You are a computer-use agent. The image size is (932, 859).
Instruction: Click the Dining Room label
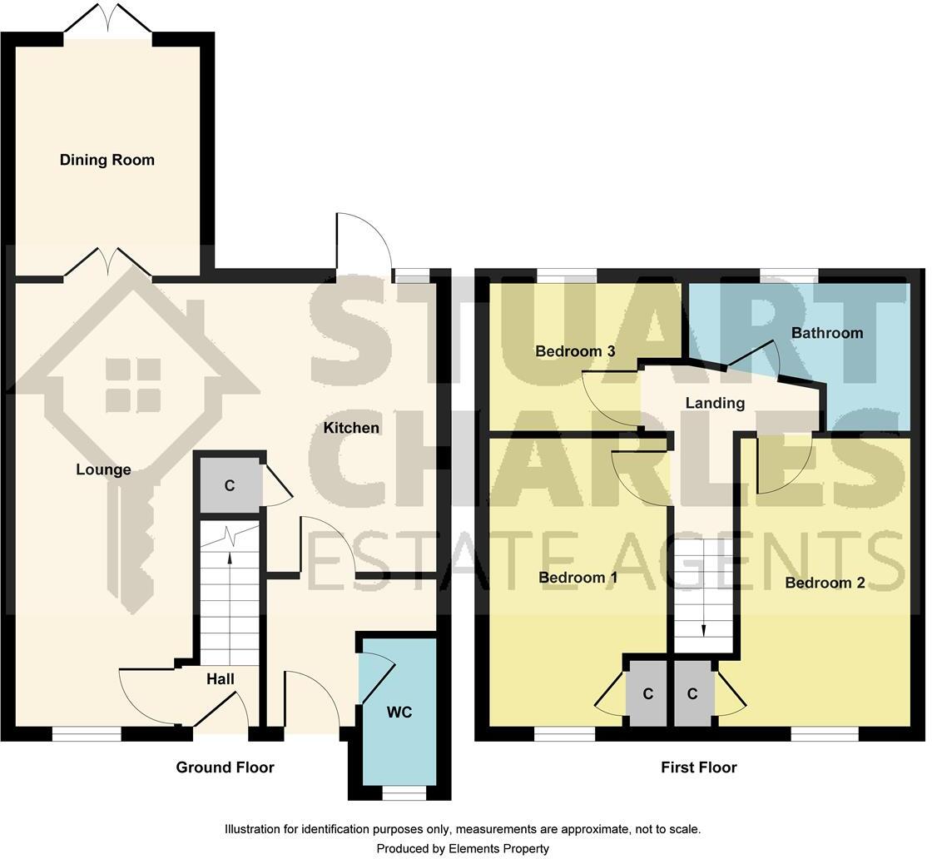(107, 160)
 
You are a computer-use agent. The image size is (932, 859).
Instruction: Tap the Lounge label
(103, 470)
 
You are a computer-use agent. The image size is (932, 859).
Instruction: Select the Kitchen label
(351, 428)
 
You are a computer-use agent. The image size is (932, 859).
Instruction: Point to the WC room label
(399, 713)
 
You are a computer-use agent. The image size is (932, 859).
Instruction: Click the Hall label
(221, 679)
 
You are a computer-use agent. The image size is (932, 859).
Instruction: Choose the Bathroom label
(827, 333)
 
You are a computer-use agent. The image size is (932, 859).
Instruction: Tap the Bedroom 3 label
(575, 351)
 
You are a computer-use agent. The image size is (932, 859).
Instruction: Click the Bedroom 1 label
(578, 577)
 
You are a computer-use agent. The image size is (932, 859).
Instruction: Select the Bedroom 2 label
(825, 583)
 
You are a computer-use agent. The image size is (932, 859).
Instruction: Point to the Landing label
(715, 403)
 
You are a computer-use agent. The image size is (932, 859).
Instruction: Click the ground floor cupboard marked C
(230, 485)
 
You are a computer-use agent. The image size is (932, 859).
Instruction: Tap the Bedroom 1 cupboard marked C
(647, 693)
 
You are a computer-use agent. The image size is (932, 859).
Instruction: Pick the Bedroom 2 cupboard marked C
(693, 693)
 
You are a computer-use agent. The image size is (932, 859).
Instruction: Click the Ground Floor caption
(225, 767)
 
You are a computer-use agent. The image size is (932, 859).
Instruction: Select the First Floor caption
(698, 767)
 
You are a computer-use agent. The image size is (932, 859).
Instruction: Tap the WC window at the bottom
(404, 793)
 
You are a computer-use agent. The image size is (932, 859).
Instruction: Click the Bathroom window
(790, 276)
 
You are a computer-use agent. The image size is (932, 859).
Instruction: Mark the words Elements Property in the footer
(498, 848)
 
